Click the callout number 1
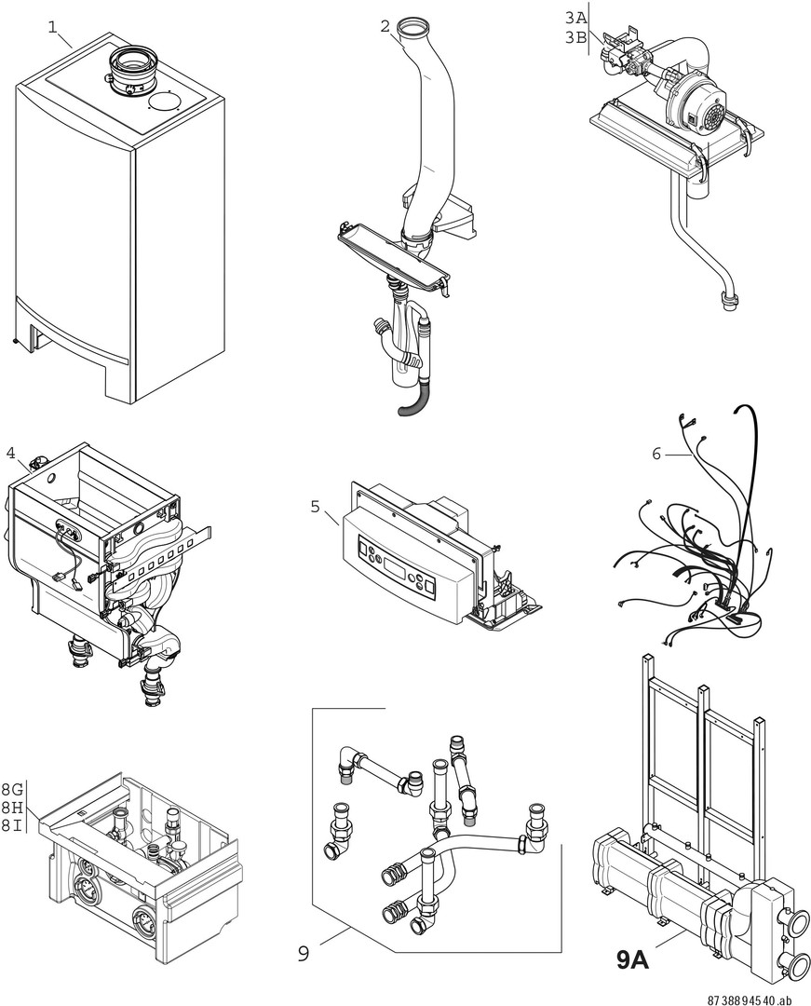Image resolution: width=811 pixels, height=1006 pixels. (54, 26)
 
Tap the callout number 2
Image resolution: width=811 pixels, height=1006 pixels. (385, 26)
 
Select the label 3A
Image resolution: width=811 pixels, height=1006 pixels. (576, 19)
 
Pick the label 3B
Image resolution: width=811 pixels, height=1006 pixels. (576, 37)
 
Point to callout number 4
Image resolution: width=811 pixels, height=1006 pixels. (10, 454)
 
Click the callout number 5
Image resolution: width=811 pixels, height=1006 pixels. (316, 508)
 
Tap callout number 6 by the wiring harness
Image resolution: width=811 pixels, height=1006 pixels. (656, 454)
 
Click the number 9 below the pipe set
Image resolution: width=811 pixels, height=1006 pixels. (304, 953)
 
